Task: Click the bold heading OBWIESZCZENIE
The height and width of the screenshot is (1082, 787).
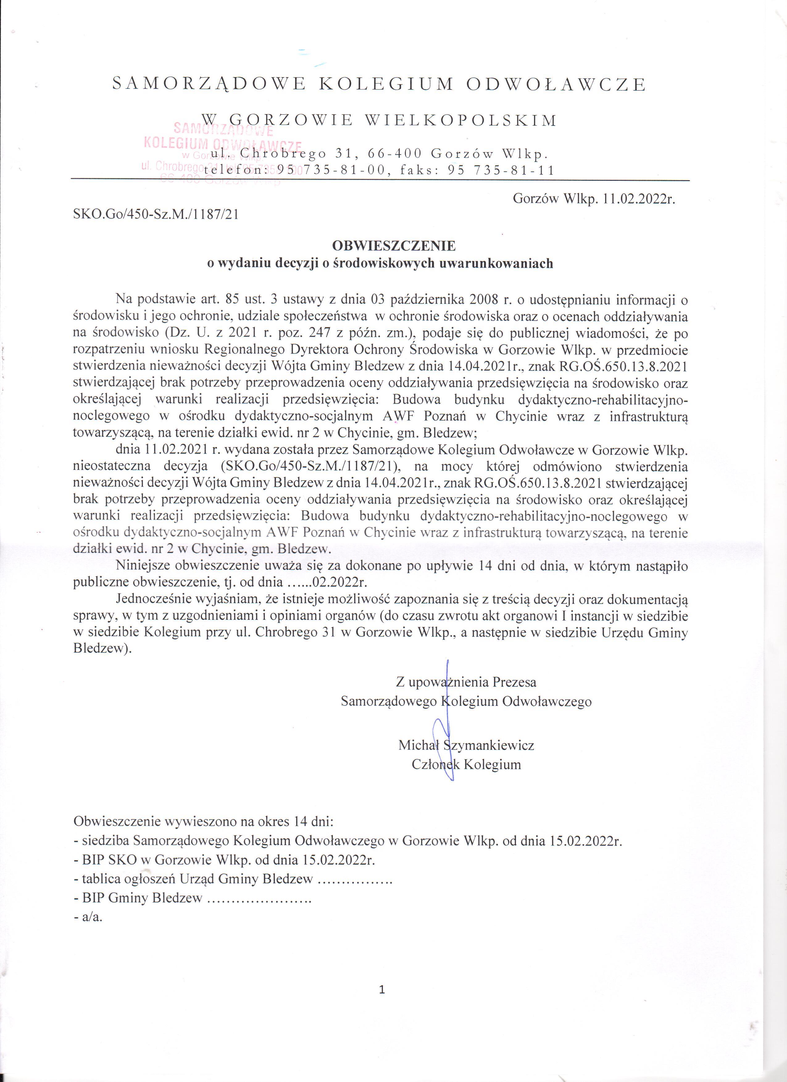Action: pyautogui.click(x=394, y=246)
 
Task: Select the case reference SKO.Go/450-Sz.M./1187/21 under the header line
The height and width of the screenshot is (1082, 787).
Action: pyautogui.click(x=156, y=215)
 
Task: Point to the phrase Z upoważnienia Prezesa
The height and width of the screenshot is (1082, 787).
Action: pyautogui.click(x=466, y=682)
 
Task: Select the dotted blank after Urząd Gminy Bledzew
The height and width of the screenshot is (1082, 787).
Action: pyautogui.click(x=355, y=879)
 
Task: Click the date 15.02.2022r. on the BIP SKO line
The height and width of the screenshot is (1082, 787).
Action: pyautogui.click(x=338, y=860)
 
